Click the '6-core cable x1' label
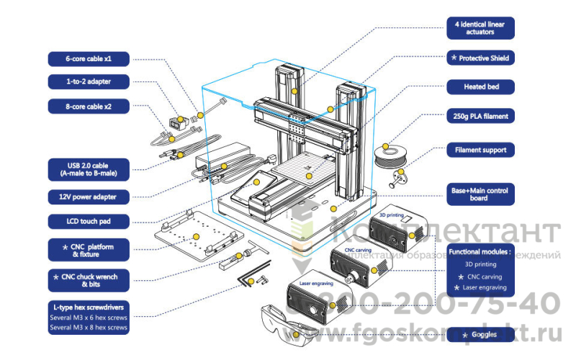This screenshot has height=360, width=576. (88, 59)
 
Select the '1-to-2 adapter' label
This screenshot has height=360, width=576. (88, 81)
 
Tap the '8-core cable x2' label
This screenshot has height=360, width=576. (88, 106)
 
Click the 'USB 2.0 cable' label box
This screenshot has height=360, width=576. (88, 168)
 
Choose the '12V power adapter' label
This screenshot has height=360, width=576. (88, 196)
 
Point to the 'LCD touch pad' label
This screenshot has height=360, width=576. (88, 220)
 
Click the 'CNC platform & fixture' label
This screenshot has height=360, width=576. (88, 251)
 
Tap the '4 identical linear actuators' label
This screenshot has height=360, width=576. (480, 28)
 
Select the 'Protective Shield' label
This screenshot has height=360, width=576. (480, 58)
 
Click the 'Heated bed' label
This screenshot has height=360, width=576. (480, 87)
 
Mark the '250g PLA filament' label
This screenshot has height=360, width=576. (480, 115)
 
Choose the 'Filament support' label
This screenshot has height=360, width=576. (480, 150)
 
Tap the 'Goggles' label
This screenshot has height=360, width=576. (480, 335)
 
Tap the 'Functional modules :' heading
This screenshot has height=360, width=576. (480, 253)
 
